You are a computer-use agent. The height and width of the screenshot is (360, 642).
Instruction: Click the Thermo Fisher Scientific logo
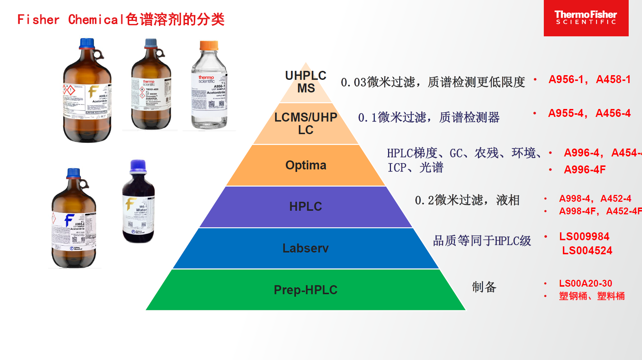click(x=586, y=18)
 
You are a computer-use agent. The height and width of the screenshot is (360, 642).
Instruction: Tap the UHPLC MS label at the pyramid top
click(x=306, y=82)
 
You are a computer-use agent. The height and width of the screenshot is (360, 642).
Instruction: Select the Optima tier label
click(x=306, y=165)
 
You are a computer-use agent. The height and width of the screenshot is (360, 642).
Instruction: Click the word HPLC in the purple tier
click(x=306, y=206)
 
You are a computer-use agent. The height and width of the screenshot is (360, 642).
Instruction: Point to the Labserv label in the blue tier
click(x=306, y=248)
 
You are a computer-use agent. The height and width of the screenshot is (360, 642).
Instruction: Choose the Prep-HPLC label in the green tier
click(x=306, y=290)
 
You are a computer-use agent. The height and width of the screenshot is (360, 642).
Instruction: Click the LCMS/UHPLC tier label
click(x=306, y=123)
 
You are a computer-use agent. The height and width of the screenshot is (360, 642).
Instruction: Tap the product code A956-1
click(x=566, y=79)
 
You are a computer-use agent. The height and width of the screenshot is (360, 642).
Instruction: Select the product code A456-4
click(x=613, y=113)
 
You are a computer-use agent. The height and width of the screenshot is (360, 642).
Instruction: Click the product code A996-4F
click(x=585, y=169)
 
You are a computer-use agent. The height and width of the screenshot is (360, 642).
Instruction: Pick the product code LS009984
click(x=584, y=236)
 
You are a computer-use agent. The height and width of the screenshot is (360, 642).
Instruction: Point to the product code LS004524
click(x=587, y=250)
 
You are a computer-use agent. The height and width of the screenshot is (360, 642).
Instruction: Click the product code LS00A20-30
click(x=586, y=283)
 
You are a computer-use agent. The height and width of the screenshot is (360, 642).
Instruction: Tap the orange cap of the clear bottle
click(x=209, y=45)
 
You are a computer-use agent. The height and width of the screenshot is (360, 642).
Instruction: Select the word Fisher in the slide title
click(x=38, y=19)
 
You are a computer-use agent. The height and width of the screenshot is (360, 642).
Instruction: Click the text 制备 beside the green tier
click(x=484, y=287)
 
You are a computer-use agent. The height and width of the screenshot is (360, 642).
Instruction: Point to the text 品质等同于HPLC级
click(x=482, y=241)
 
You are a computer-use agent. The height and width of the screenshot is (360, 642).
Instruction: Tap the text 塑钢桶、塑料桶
click(x=592, y=296)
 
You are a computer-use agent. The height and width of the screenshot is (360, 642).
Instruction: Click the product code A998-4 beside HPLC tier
click(x=574, y=199)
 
